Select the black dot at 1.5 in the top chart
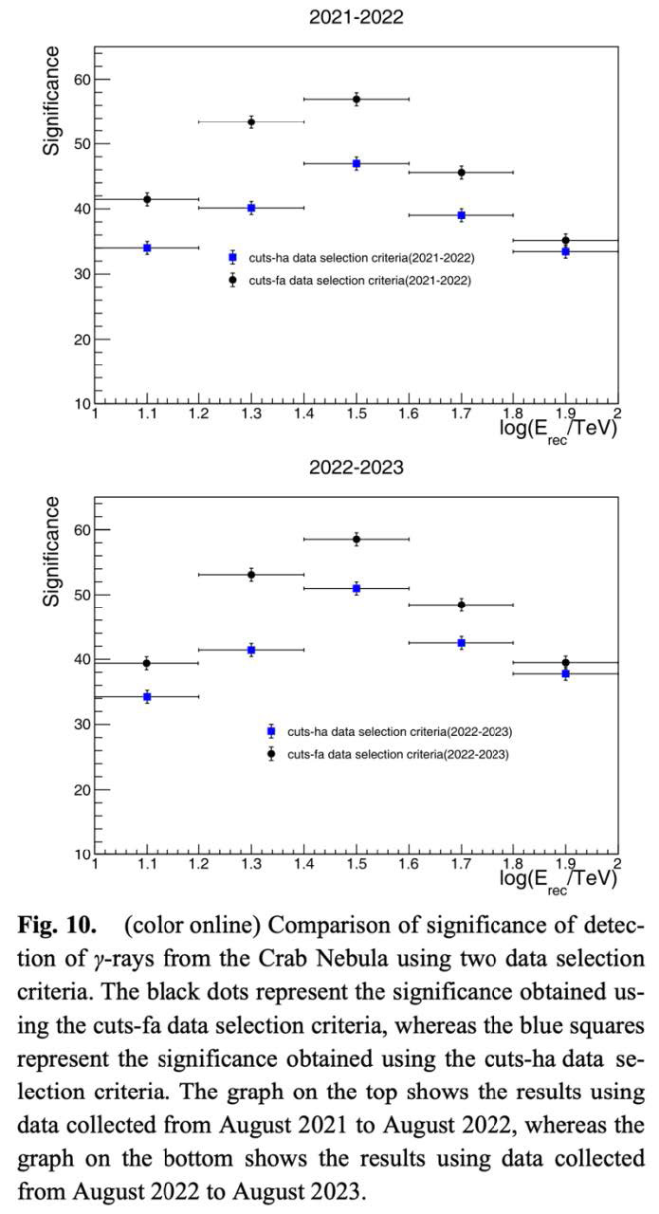click(x=357, y=99)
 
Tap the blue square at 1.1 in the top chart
click(x=147, y=248)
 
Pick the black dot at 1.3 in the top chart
click(x=251, y=121)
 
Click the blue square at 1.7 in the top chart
click(x=461, y=215)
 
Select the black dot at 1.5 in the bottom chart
click(x=357, y=539)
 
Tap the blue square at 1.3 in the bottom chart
click(x=251, y=650)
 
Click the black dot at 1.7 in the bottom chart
click(x=461, y=604)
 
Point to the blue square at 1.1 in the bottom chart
click(x=147, y=696)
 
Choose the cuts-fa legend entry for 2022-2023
click(x=398, y=754)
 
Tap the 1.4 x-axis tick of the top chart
click(x=304, y=414)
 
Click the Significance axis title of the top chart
click(x=53, y=100)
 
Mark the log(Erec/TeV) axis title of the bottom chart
click(x=559, y=878)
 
